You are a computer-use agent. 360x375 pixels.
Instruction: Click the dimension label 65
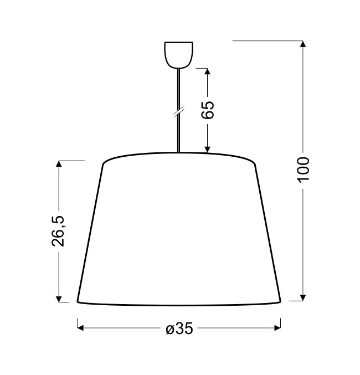208,110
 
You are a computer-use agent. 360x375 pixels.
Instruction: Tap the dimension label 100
303,170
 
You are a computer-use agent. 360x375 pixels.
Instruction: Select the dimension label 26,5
58,231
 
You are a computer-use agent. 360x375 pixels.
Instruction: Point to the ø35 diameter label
179,328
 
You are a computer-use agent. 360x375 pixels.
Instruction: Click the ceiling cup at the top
179,55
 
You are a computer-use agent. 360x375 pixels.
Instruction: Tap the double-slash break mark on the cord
179,111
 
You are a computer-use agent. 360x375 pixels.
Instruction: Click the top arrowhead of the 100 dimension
303,44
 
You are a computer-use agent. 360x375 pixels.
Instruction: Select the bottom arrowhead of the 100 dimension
303,298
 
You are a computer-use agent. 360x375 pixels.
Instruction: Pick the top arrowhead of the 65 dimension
207,71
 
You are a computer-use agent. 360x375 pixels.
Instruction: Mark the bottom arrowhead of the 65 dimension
207,150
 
